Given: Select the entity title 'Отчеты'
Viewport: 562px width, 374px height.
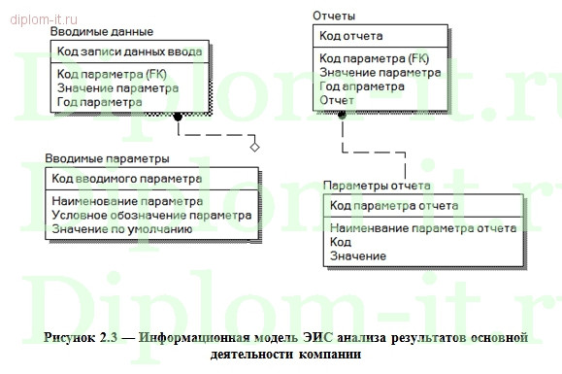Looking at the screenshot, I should (333, 16).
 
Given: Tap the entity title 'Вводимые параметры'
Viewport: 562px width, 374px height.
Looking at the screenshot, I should (108, 158).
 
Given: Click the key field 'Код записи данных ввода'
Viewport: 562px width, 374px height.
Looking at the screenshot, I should (129, 51).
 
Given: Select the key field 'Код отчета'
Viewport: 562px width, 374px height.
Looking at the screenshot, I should (351, 37).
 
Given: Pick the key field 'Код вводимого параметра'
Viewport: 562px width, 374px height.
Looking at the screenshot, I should (127, 179).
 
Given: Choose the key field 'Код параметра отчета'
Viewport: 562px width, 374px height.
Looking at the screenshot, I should (394, 205).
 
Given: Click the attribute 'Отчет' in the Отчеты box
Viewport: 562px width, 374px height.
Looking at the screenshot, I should (337, 99).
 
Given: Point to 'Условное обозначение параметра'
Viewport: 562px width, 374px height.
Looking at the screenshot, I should (151, 215).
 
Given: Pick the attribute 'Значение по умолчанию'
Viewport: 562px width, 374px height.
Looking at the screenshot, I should (121, 229).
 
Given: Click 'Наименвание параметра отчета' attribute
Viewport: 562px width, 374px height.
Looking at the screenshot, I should (422, 228).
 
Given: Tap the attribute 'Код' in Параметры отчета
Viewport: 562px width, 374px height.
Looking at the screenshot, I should (340, 242).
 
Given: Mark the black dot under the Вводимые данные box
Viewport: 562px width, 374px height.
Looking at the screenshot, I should (178, 117).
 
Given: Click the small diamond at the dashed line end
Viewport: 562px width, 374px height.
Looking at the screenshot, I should (254, 147).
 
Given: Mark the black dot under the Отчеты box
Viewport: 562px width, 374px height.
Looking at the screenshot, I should (342, 115).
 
